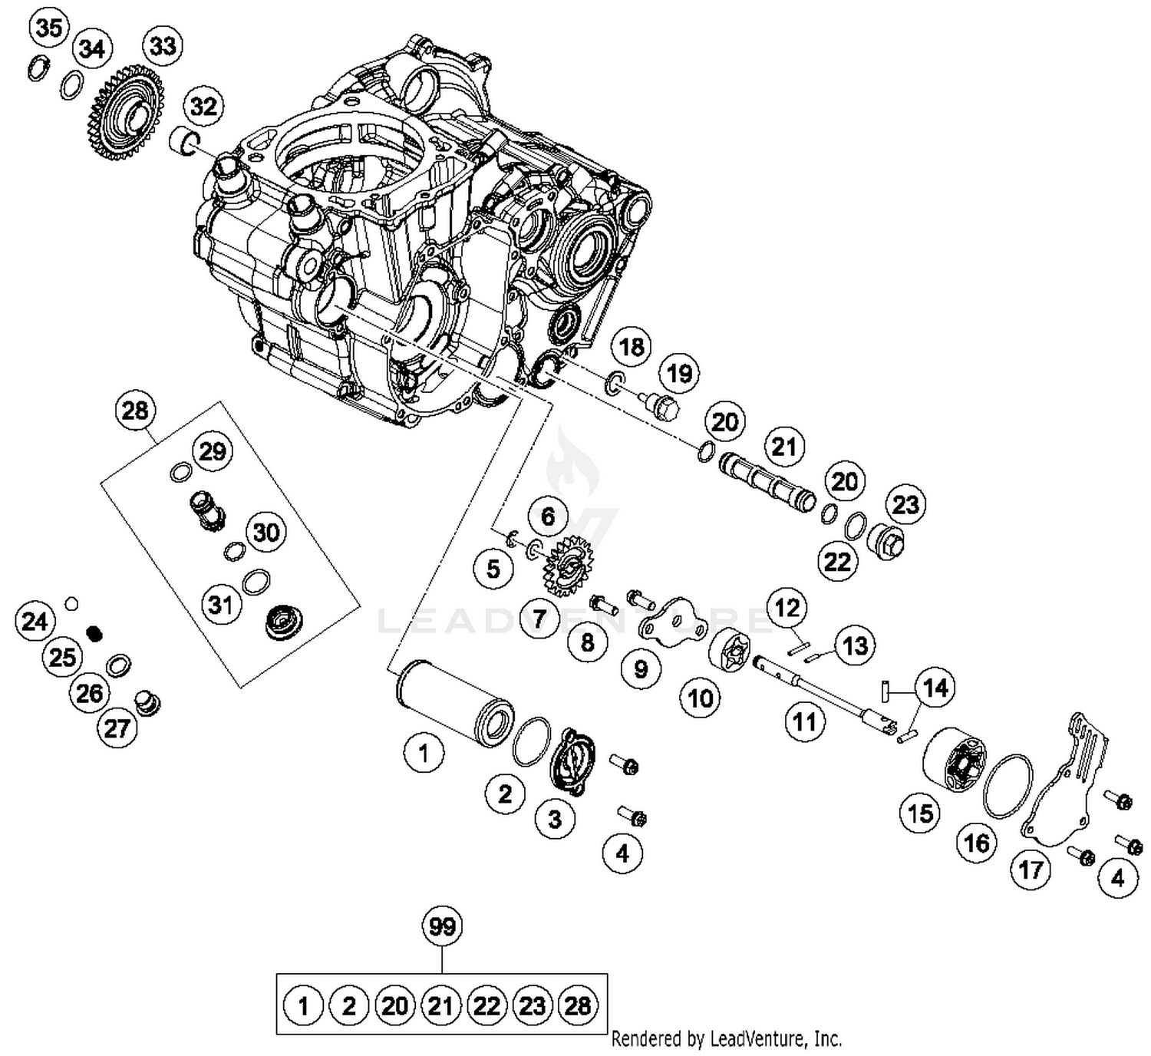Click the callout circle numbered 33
(x=163, y=46)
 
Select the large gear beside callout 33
(x=124, y=114)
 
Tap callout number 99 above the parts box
(x=443, y=927)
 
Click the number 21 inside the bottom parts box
(x=440, y=1005)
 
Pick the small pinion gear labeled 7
(x=567, y=569)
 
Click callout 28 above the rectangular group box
(x=135, y=411)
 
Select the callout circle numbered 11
(x=804, y=722)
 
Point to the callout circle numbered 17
(x=1031, y=870)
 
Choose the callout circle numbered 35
(x=49, y=28)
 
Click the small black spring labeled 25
(x=95, y=633)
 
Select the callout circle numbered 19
(x=679, y=374)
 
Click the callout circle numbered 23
(x=906, y=505)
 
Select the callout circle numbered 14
(x=935, y=688)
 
